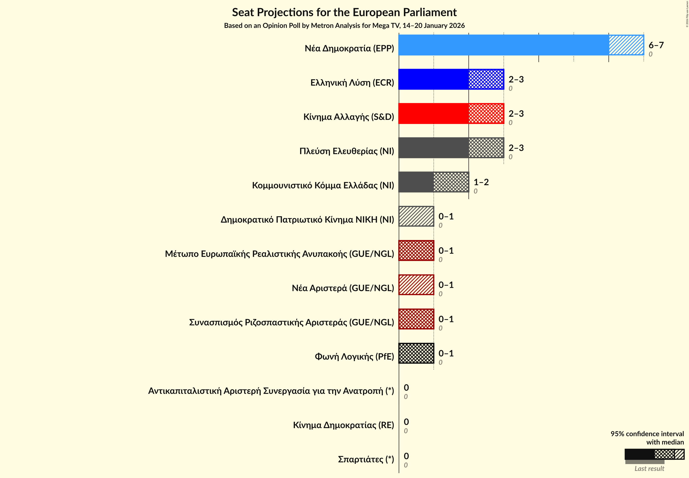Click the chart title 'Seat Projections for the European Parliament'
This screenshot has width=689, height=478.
[x=344, y=12]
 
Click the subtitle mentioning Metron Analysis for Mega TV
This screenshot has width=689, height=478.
[x=344, y=26]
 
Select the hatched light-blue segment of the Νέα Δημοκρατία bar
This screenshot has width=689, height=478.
[x=626, y=45]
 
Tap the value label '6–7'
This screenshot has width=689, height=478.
[x=656, y=45]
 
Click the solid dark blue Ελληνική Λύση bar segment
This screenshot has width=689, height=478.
[x=433, y=79]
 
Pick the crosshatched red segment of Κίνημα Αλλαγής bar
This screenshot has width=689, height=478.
[x=486, y=114]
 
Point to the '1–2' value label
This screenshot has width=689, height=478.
[x=481, y=182]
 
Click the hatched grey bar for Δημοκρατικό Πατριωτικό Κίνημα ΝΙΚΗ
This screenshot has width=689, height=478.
[x=416, y=216]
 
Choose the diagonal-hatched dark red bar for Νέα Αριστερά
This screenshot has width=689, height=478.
[x=416, y=285]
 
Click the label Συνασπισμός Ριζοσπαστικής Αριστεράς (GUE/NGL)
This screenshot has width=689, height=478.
[x=291, y=322]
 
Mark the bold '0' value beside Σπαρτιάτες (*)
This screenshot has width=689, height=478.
[x=406, y=456]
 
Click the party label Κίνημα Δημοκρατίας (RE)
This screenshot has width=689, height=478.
[x=343, y=425]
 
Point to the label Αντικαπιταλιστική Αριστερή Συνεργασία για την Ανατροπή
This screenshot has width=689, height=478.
[x=271, y=391]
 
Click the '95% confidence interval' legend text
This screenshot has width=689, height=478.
[x=647, y=434]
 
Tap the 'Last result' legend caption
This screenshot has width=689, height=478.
[x=649, y=468]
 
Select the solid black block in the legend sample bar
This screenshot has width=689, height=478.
[x=639, y=454]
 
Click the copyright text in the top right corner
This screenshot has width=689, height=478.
[x=687, y=14]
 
